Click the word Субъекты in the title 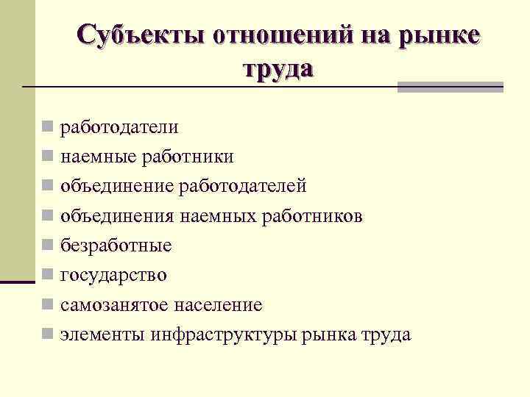(141, 35)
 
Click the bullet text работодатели (119, 127)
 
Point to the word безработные (116, 246)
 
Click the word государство (113, 276)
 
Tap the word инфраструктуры (225, 335)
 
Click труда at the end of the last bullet (386, 335)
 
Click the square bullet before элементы (47, 335)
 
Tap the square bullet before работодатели (47, 127)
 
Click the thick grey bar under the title (450, 87)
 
